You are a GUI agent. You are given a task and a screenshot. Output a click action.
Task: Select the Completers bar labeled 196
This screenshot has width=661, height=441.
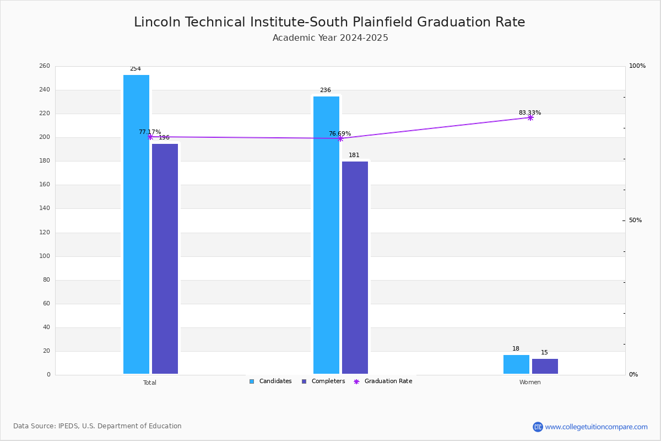tap(165, 259)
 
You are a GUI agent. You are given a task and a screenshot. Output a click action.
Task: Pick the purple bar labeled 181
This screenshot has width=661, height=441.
tap(355, 267)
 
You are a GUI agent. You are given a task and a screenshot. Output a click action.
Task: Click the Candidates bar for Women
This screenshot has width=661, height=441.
tap(516, 364)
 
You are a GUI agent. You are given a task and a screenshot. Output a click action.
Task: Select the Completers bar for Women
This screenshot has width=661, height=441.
tap(545, 366)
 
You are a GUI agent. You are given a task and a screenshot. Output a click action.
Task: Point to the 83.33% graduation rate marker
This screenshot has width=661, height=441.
tap(530, 117)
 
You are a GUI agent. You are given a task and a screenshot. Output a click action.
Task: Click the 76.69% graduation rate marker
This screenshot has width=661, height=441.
tap(340, 138)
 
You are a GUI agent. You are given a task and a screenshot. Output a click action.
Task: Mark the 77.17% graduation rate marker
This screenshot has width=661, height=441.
tap(150, 137)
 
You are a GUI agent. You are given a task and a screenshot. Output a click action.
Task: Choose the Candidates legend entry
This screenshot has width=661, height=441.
tap(270, 381)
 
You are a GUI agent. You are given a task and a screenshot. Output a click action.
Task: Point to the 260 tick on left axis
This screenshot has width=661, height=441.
tap(45, 66)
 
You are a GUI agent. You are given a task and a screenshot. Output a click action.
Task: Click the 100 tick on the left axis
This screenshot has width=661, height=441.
tap(45, 256)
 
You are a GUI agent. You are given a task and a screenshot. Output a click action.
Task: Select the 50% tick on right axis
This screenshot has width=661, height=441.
tap(635, 220)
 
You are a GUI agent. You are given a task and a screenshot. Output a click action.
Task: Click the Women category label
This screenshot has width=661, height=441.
tap(530, 383)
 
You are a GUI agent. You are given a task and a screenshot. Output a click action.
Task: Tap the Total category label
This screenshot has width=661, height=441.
tap(150, 383)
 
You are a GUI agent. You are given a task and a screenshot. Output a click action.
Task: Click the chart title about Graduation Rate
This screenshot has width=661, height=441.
tap(329, 22)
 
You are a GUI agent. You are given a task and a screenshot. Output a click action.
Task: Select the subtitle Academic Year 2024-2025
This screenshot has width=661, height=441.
tap(330, 38)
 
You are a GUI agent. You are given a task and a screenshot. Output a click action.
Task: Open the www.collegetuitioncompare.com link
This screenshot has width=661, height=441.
tap(596, 427)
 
